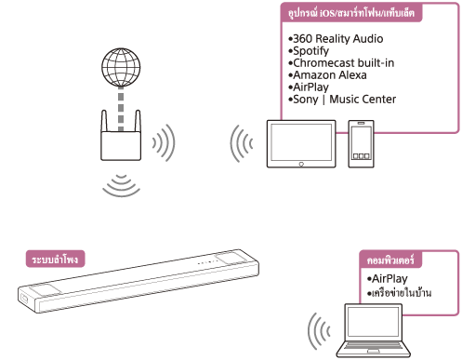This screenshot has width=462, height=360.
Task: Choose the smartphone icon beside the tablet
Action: click(x=362, y=144)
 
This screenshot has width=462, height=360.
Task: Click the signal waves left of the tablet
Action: click(x=242, y=144)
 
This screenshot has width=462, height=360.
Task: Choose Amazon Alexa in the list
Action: click(x=329, y=74)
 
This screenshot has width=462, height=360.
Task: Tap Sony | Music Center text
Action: click(x=344, y=99)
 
